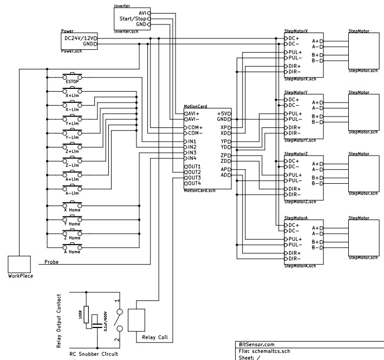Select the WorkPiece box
(x=20, y=264)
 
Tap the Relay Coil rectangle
(x=136, y=320)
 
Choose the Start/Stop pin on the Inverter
(x=133, y=18)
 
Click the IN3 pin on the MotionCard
(x=192, y=152)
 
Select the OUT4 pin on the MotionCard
(x=193, y=183)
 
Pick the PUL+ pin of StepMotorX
(x=295, y=52)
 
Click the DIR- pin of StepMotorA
(x=295, y=259)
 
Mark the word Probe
(x=51, y=261)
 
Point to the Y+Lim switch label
(x=71, y=124)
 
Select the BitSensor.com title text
(x=257, y=344)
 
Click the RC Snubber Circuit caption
(x=94, y=355)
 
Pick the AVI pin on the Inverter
(x=142, y=12)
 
